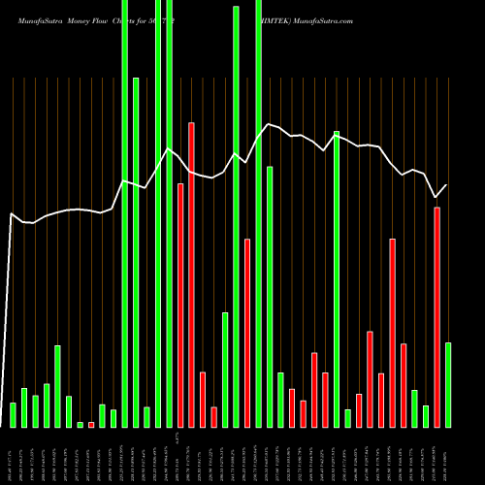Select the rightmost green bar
[x=448, y=384]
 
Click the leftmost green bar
[x=13, y=414]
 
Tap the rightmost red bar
[x=437, y=316]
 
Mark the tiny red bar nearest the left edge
[x=91, y=424]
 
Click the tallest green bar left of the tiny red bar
[x=57, y=385]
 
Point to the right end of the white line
[x=447, y=185]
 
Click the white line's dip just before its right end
[x=436, y=197]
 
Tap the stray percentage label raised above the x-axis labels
[x=178, y=437]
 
